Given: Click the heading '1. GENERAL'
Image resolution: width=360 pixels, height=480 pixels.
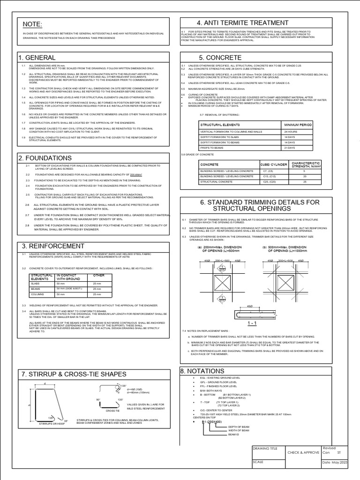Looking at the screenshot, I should click(37, 57).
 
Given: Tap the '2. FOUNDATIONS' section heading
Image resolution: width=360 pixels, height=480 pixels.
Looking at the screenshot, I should click(45, 158).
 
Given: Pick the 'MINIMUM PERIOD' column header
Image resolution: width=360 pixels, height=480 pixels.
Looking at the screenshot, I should click(298, 125).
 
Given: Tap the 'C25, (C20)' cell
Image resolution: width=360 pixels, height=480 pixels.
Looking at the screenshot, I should click(269, 181).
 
